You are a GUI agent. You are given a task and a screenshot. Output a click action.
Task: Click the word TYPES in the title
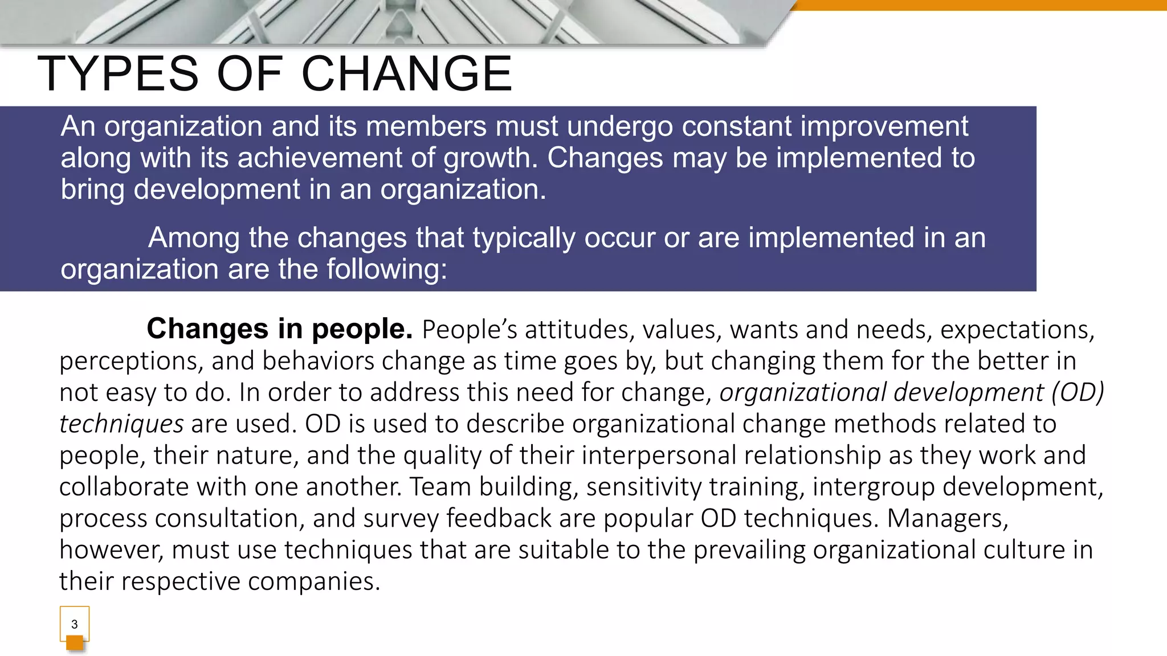pyautogui.click(x=118, y=74)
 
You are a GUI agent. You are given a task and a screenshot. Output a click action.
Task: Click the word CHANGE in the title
pyautogui.click(x=407, y=74)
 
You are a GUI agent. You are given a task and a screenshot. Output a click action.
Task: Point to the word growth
pyautogui.click(x=491, y=158)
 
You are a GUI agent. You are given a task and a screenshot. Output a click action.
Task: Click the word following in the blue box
pyautogui.click(x=386, y=269)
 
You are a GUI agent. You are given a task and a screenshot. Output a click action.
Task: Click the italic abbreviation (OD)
pyautogui.click(x=1078, y=392)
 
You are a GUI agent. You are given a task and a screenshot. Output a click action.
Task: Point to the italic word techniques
pyautogui.click(x=121, y=424)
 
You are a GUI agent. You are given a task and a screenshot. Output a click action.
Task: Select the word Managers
pyautogui.click(x=947, y=518)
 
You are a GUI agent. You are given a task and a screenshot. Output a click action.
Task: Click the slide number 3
pyautogui.click(x=74, y=624)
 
